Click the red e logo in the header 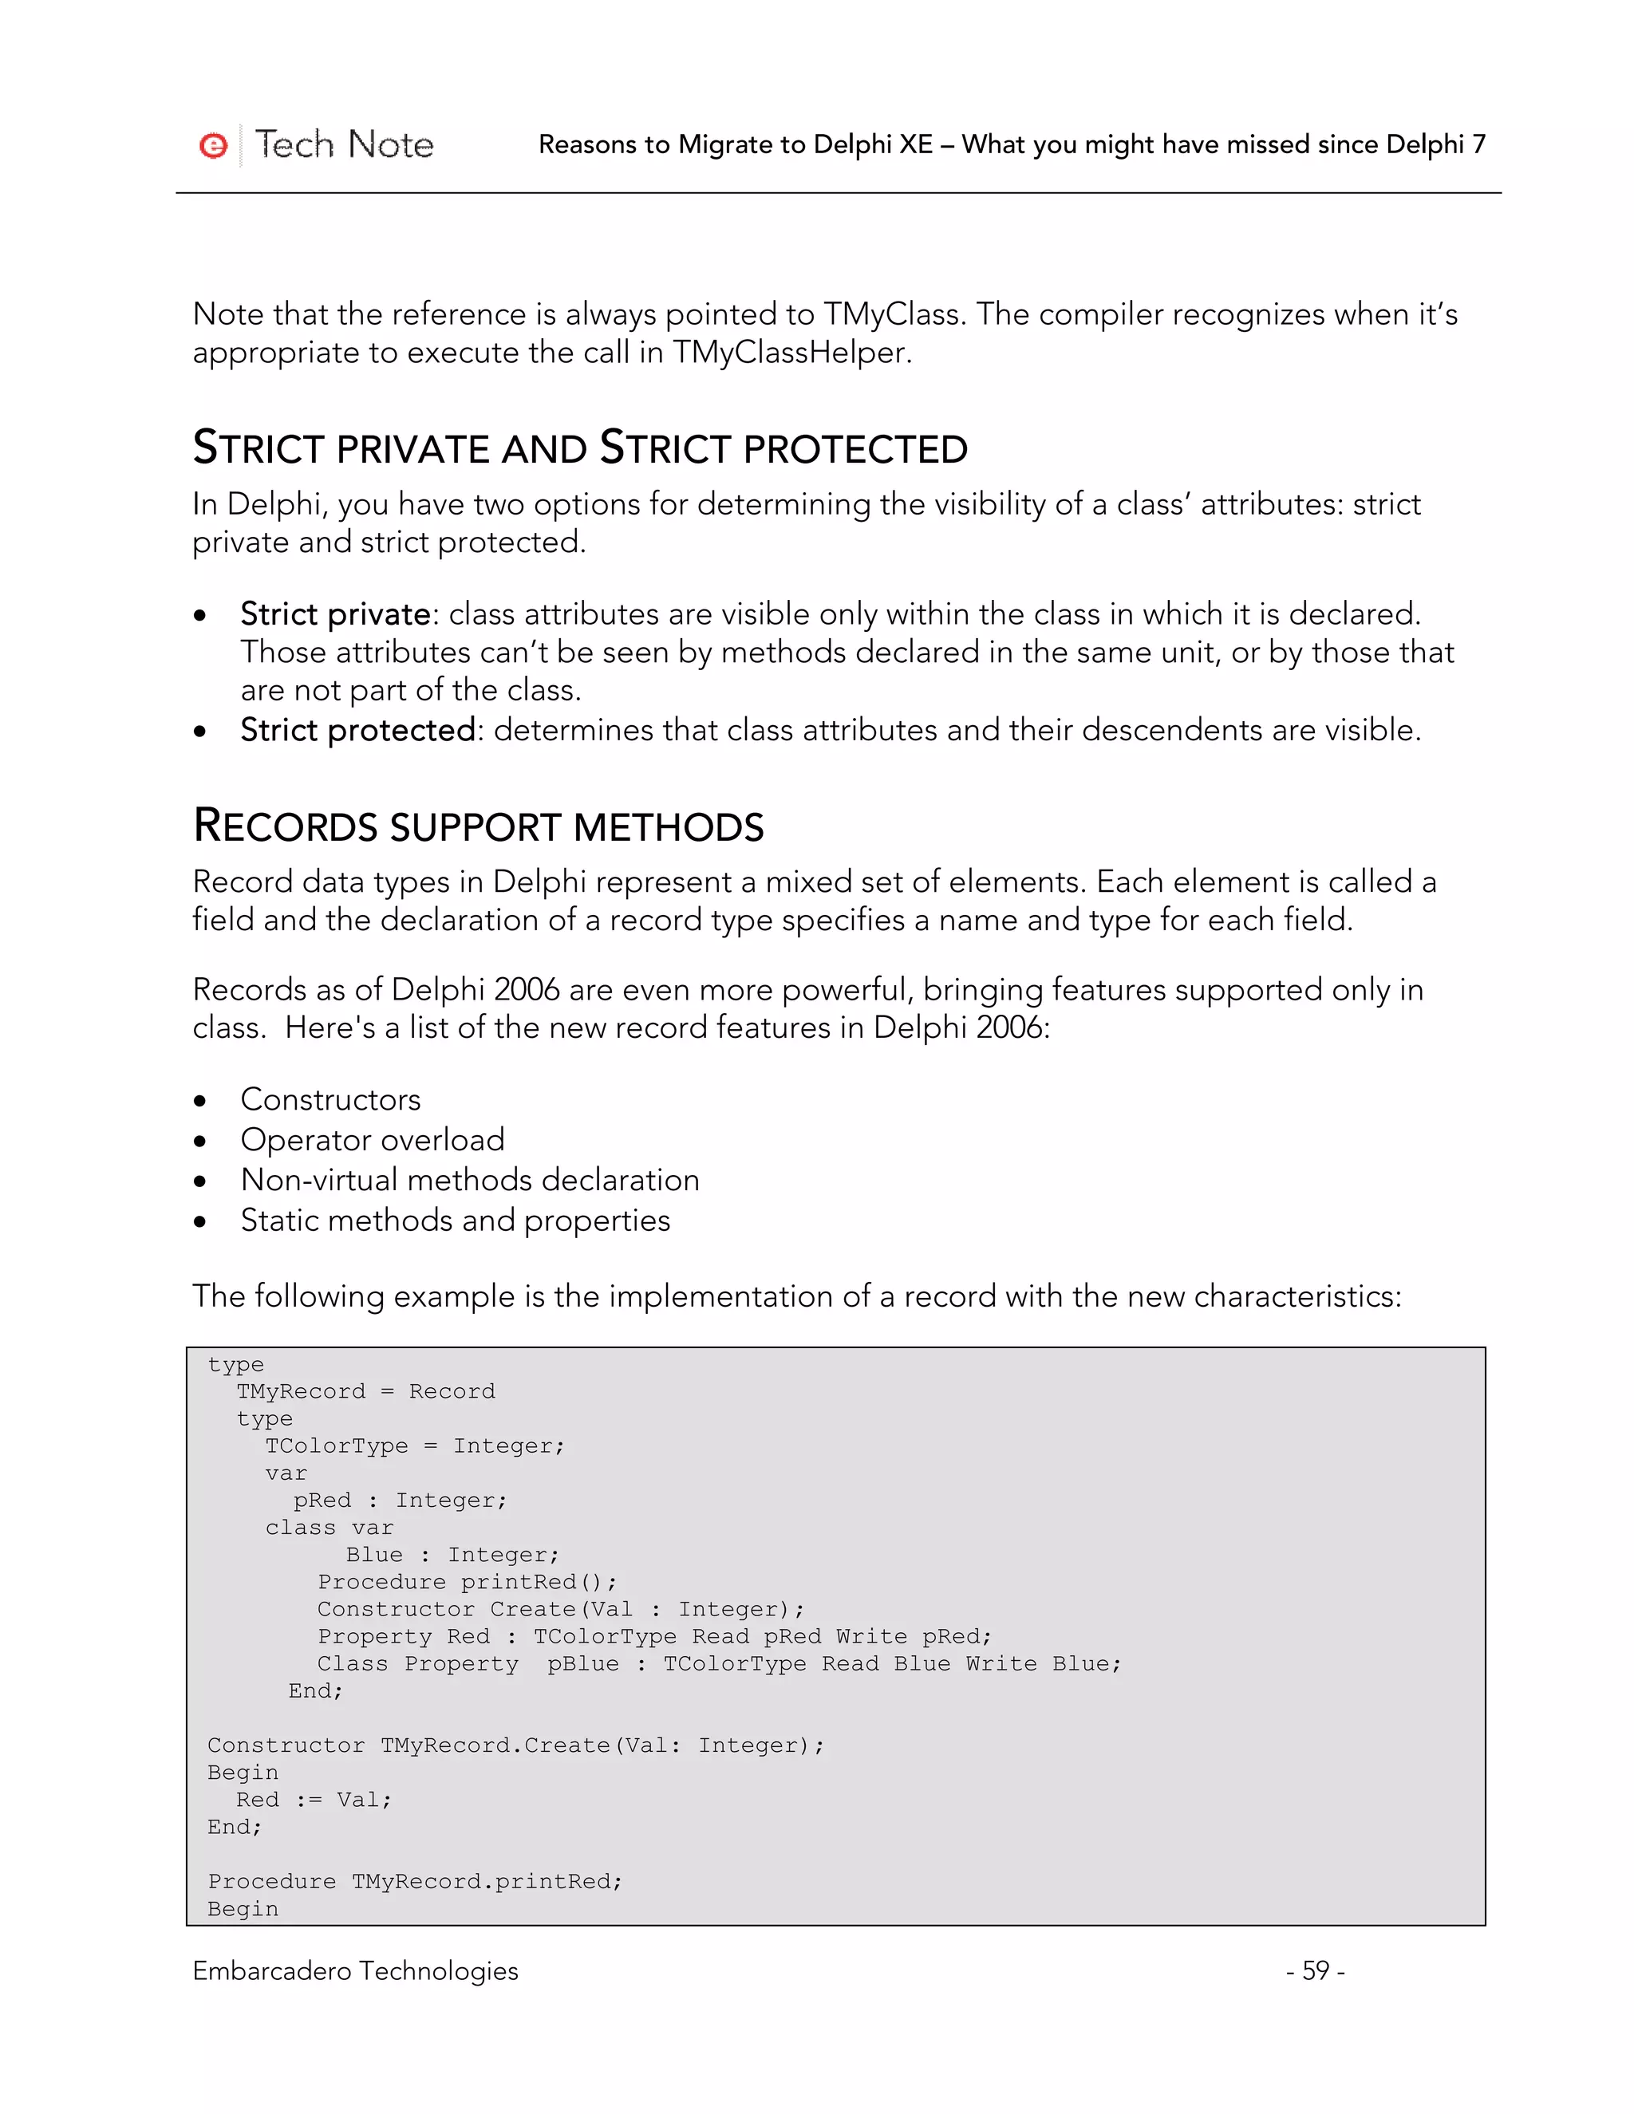click(213, 145)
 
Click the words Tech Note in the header click(344, 144)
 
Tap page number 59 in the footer click(1315, 1970)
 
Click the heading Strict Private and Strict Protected click(580, 448)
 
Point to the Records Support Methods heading click(478, 826)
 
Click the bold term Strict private click(335, 613)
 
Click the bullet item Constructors click(330, 1099)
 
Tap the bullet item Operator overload click(373, 1139)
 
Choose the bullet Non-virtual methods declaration click(469, 1180)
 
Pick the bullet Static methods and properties click(455, 1221)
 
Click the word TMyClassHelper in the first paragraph click(790, 353)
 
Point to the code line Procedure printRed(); click(467, 1582)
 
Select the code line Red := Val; click(314, 1800)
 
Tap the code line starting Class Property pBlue click(719, 1663)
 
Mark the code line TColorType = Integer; click(414, 1445)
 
